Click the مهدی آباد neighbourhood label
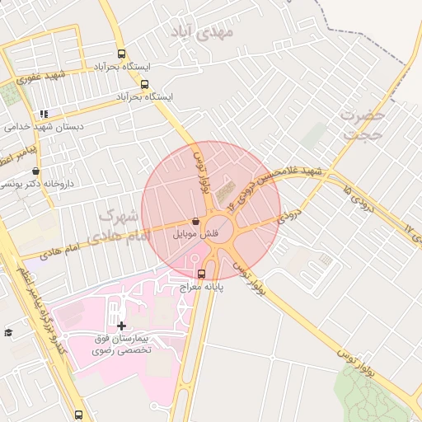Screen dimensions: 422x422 202,32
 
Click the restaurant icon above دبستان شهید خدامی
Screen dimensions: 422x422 43,114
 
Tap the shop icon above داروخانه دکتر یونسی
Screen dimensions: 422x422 35,171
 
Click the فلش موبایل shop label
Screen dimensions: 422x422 195,234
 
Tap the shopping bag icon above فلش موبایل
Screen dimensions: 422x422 195,222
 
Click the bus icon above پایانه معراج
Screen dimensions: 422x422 202,273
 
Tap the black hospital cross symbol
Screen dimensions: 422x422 122,326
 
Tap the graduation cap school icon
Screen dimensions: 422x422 8,332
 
